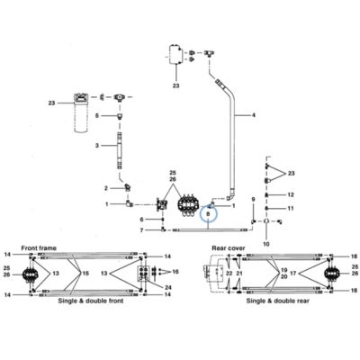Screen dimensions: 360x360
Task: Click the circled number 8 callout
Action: coord(208,213)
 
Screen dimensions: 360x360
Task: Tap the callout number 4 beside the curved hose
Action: coord(254,115)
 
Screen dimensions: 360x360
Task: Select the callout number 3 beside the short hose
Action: coord(97,146)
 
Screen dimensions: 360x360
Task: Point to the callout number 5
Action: coord(97,115)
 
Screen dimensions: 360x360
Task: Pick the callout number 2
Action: coord(106,188)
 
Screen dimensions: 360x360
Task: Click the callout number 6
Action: coord(141,220)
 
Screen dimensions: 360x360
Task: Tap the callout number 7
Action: coord(141,230)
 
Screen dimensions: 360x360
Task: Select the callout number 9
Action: coord(253,199)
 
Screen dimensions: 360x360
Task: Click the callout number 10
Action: coord(266,244)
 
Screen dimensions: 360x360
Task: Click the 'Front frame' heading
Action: coord(39,248)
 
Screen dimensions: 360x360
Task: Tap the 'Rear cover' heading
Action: coord(229,248)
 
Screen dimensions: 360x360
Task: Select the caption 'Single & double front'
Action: coord(91,301)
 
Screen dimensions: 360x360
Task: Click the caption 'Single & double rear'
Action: coord(277,301)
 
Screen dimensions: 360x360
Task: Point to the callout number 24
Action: coord(168,288)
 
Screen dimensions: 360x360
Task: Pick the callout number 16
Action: coord(175,272)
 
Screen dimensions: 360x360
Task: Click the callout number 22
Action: coord(229,274)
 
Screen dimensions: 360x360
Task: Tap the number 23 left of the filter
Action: coord(51,103)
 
